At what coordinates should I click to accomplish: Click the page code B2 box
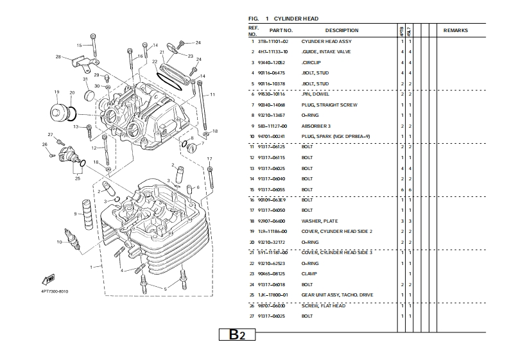pyautogui.click(x=237, y=335)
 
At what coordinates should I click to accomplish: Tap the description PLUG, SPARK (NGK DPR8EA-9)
pyautogui.click(x=336, y=136)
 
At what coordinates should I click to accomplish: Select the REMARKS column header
pyautogui.click(x=455, y=30)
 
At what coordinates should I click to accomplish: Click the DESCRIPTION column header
pyautogui.click(x=341, y=30)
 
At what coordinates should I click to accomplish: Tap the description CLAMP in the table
pyautogui.click(x=309, y=273)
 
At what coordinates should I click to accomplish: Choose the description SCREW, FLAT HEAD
pyautogui.click(x=324, y=305)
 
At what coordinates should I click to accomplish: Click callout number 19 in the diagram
pyautogui.click(x=56, y=92)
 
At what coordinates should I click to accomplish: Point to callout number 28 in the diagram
pyautogui.click(x=58, y=57)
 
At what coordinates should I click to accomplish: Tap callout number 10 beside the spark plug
pyautogui.click(x=59, y=242)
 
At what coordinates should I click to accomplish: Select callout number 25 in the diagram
pyautogui.click(x=78, y=179)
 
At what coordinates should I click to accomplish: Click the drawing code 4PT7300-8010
pyautogui.click(x=55, y=291)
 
